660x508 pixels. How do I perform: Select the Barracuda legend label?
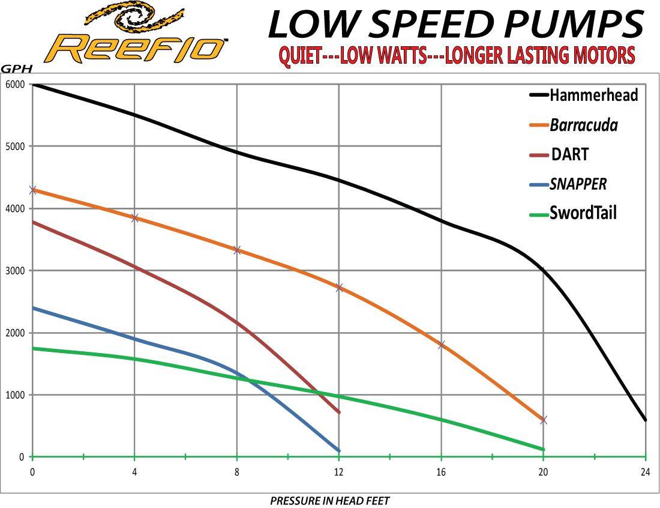[x=583, y=125]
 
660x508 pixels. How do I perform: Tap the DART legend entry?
[x=569, y=154]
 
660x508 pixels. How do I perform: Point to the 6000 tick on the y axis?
[x=16, y=85]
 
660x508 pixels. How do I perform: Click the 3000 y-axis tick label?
[x=16, y=271]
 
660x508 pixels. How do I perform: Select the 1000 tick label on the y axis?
[x=16, y=395]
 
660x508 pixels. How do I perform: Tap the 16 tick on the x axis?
[x=441, y=472]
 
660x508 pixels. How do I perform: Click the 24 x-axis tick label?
[x=646, y=472]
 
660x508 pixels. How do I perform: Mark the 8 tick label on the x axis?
[x=237, y=472]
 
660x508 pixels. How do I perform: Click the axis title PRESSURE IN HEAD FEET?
[x=329, y=500]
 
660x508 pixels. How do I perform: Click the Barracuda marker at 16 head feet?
[x=441, y=345]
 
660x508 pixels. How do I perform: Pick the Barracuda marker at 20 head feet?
[x=544, y=420]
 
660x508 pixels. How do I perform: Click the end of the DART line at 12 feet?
[x=339, y=412]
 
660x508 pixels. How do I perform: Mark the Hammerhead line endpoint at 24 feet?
[x=646, y=420]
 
